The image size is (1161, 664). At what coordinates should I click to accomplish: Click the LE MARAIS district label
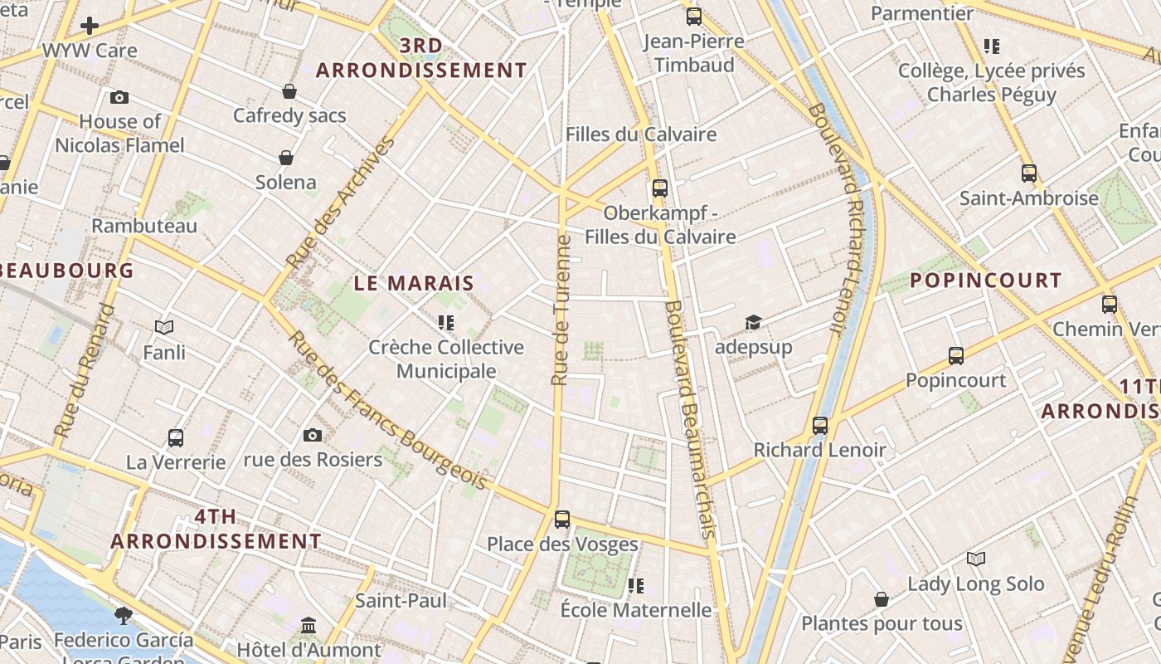click(x=414, y=283)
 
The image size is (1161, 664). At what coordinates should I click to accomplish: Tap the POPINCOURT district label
click(x=986, y=281)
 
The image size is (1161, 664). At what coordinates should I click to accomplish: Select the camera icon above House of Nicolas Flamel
click(x=119, y=97)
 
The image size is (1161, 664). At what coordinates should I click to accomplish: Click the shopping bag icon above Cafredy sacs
click(x=289, y=90)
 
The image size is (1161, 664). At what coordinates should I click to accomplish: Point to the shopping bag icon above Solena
click(x=286, y=157)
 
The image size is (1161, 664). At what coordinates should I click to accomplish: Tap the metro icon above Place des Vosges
click(x=562, y=520)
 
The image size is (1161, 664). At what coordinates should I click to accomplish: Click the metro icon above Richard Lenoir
click(x=820, y=426)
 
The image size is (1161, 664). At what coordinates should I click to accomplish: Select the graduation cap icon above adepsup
click(x=753, y=322)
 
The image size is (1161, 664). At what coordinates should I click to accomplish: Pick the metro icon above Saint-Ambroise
click(x=1029, y=173)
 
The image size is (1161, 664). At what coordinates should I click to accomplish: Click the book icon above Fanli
click(x=164, y=328)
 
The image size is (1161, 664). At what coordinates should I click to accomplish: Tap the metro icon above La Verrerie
click(x=176, y=437)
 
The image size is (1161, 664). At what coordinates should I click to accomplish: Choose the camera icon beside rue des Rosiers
click(x=313, y=435)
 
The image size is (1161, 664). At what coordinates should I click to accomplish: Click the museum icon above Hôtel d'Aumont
click(x=308, y=625)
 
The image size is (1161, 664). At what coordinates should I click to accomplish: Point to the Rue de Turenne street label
click(x=562, y=310)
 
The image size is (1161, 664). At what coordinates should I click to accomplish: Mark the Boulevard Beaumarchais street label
click(x=690, y=419)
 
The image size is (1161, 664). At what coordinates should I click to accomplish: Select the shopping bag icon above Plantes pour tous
click(x=882, y=599)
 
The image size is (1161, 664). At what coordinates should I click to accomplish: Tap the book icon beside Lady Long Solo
click(x=976, y=559)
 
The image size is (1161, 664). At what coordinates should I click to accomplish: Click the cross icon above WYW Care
click(x=90, y=26)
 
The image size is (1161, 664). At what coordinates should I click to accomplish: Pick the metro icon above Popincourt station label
click(x=956, y=356)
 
